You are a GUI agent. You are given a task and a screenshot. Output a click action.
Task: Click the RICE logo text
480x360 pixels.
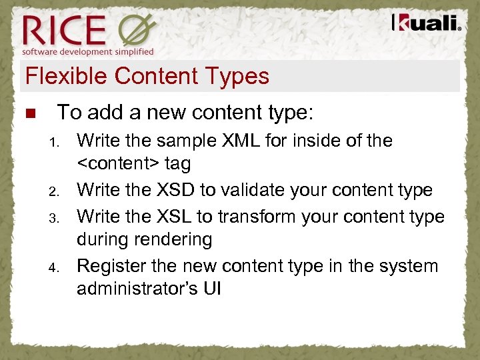pos(64,29)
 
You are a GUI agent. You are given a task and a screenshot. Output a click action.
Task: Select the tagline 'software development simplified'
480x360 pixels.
pos(88,51)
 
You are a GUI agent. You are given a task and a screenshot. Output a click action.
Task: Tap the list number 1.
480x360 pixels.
pos(55,142)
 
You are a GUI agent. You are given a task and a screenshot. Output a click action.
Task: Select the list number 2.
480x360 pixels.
pos(55,191)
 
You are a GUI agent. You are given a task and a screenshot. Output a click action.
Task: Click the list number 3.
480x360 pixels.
pos(55,218)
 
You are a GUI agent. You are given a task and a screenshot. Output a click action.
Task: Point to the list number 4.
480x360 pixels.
pos(55,267)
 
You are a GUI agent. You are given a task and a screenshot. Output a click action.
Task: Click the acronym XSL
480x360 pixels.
pos(179,217)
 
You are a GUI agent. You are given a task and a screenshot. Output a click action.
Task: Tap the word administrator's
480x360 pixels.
pos(135,289)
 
